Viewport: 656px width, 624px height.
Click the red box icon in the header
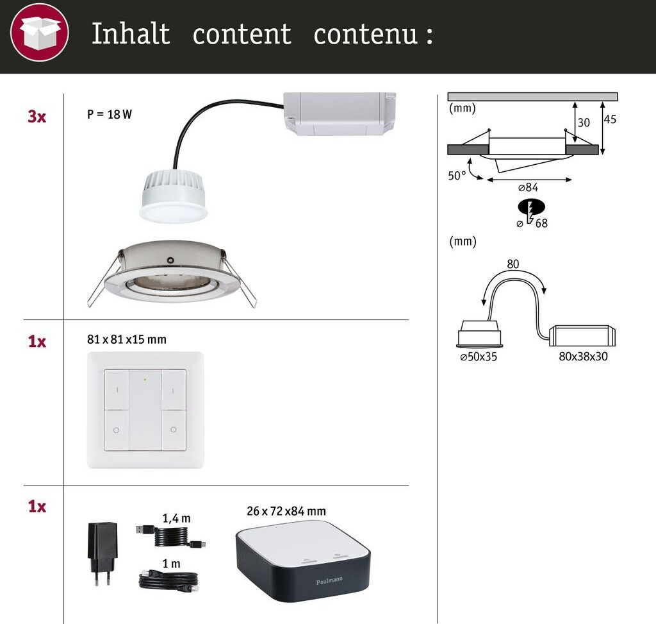click(40, 31)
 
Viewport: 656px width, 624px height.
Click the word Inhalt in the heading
click(131, 34)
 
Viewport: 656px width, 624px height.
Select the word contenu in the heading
click(366, 34)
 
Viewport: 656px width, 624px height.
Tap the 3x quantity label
click(37, 117)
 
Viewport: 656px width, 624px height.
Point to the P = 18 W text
click(110, 115)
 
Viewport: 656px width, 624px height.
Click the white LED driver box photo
click(340, 114)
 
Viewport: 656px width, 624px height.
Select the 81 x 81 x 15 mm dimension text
click(126, 339)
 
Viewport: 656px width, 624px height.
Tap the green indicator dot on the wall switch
click(145, 380)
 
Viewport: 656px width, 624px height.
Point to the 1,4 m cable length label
click(177, 518)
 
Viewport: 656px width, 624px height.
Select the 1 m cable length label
click(171, 564)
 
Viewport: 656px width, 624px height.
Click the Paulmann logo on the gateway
click(329, 580)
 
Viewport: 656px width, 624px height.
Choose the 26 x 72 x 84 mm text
click(286, 511)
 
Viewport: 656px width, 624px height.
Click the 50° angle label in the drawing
click(457, 175)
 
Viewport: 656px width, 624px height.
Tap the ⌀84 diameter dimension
click(527, 188)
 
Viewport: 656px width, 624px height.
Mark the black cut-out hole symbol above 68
click(531, 208)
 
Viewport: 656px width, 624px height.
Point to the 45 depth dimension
click(610, 120)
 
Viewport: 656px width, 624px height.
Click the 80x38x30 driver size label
click(583, 357)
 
